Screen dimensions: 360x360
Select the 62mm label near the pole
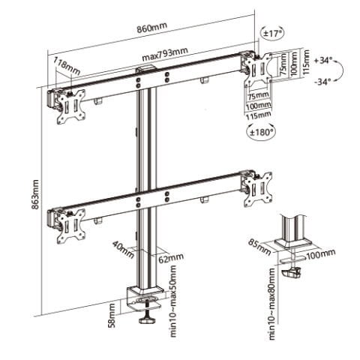173,257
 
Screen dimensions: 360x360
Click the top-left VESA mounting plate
73,104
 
